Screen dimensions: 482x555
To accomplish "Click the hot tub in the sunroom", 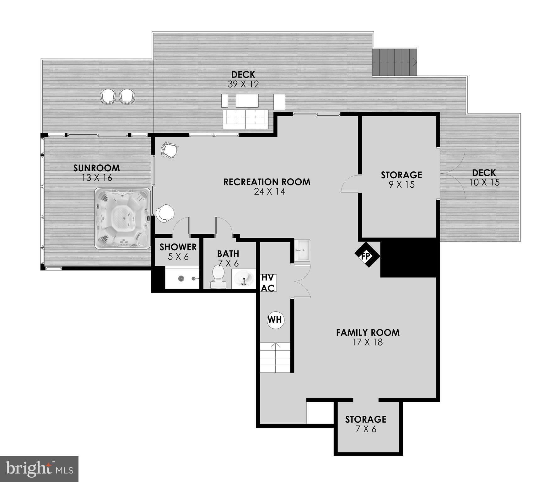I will click(x=122, y=218).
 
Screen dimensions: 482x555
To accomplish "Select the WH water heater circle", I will click(x=275, y=320).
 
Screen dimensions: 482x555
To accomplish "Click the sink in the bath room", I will click(x=244, y=279).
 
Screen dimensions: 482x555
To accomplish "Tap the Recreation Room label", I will click(x=267, y=182).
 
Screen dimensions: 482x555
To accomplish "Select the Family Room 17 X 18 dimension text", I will click(x=368, y=342).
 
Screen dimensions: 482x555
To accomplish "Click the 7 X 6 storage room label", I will click(x=366, y=429).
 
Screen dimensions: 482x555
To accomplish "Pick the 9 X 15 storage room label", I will click(x=401, y=185).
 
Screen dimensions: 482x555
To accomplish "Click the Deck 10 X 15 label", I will click(x=484, y=178).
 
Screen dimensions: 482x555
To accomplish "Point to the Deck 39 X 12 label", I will click(x=243, y=79).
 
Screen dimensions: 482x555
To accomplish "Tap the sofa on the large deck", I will click(x=245, y=119).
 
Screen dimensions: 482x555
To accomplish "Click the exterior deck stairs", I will click(x=395, y=62).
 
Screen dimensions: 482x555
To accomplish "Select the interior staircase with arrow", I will click(x=276, y=357).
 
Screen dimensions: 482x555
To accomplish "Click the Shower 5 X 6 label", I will click(x=178, y=252).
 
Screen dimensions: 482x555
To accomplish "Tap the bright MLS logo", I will click(x=39, y=469).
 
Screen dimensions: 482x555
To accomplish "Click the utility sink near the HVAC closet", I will click(x=302, y=250).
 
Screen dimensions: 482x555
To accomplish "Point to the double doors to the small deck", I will click(x=452, y=174).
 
